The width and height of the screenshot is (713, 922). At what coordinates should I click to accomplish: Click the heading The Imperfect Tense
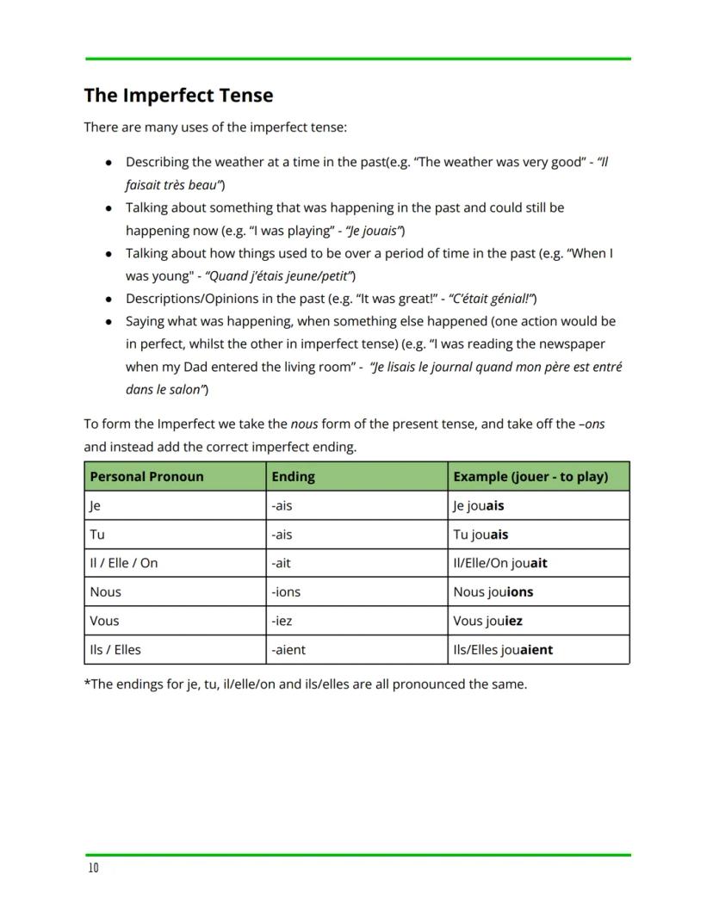click(x=178, y=96)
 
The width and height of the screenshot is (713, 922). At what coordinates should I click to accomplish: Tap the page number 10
click(x=93, y=868)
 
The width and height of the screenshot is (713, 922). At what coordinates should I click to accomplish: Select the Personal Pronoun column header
click(x=146, y=476)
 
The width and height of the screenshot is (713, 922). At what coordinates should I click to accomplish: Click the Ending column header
click(x=294, y=476)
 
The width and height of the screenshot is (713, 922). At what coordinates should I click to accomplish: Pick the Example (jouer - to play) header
click(x=530, y=476)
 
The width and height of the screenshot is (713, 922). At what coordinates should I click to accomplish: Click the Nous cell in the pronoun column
click(x=106, y=592)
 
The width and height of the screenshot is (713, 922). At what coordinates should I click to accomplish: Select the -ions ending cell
click(x=286, y=592)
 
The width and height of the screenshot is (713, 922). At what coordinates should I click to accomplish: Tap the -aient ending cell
click(x=288, y=650)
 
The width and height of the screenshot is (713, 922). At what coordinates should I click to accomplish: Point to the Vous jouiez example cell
click(x=487, y=621)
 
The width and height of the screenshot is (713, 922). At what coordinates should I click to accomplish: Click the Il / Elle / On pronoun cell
click(x=124, y=563)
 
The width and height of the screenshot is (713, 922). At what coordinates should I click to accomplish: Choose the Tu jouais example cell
click(x=480, y=535)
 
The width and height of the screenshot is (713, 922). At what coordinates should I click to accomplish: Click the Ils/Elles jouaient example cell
click(x=503, y=650)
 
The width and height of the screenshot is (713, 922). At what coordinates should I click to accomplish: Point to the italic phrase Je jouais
click(x=375, y=231)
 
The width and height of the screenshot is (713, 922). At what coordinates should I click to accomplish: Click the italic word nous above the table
click(x=304, y=424)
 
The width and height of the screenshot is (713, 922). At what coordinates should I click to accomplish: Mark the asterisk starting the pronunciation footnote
click(x=87, y=684)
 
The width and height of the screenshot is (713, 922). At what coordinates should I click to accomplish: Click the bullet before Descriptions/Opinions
click(x=108, y=300)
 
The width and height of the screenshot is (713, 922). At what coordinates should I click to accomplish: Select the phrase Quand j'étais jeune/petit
click(x=280, y=276)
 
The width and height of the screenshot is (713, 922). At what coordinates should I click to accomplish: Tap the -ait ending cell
click(x=282, y=563)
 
